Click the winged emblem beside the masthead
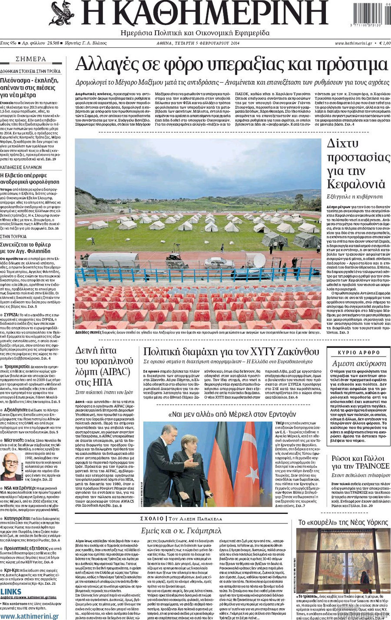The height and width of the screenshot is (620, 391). click(62, 13)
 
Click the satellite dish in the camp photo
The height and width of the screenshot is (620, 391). click(259, 260)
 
